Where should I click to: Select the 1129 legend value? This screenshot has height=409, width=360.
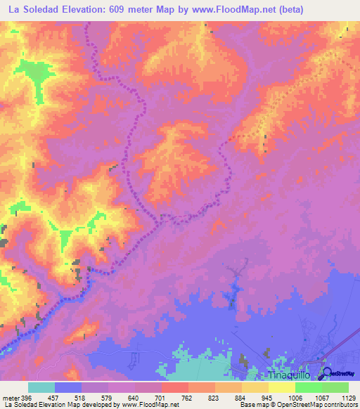(349, 396)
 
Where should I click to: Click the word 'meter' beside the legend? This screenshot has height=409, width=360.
(11, 396)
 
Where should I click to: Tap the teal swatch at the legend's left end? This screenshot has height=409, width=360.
(41, 387)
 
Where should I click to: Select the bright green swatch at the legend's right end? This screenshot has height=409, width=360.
(335, 387)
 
